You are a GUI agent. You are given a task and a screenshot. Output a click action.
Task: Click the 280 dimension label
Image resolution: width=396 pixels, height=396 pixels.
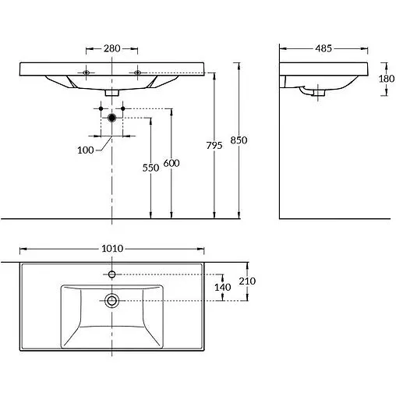click(x=112, y=48)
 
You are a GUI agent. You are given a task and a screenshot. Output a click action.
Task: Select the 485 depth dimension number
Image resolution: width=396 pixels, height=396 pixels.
click(x=324, y=48)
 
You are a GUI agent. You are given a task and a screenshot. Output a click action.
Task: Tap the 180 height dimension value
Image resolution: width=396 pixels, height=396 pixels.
click(x=387, y=79)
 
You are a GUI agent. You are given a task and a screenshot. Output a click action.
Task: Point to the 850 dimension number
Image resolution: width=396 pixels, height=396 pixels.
click(x=239, y=140)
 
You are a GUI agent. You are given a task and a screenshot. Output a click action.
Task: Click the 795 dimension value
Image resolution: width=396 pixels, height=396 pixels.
click(x=214, y=146)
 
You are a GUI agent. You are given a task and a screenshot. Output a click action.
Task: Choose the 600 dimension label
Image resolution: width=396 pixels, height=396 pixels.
click(x=171, y=163)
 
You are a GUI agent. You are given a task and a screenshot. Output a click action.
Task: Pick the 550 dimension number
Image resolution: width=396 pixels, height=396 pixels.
click(x=150, y=168)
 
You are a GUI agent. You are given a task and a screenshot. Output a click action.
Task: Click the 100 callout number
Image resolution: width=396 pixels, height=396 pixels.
click(x=86, y=150)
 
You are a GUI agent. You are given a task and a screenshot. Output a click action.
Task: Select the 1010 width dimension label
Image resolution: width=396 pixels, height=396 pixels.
click(x=112, y=249)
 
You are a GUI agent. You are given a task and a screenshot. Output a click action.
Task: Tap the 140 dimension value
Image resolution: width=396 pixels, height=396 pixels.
click(x=223, y=288)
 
